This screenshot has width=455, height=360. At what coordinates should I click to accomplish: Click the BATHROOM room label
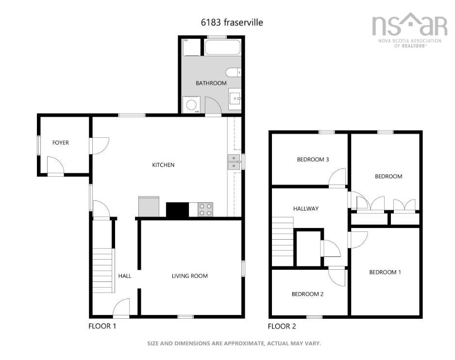[x=211, y=83]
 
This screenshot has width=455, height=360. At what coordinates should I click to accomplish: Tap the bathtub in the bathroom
[x=222, y=47]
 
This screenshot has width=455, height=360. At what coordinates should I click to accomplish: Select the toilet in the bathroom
[x=233, y=72]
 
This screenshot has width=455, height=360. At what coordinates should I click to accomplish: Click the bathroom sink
[x=235, y=98]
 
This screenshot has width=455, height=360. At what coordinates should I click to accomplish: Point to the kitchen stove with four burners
[x=205, y=210]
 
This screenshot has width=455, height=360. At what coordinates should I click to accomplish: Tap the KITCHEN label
[x=163, y=165]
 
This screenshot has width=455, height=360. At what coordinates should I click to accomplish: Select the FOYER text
[x=61, y=143]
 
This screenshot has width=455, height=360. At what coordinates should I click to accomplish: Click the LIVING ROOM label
[x=190, y=276]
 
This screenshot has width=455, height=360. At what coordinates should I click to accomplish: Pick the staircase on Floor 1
[x=103, y=270]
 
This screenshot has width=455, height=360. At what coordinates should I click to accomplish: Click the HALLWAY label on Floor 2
[x=306, y=209]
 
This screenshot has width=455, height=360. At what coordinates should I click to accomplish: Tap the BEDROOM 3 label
[x=313, y=160]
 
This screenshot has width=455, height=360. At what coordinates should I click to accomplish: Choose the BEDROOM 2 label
[x=307, y=294]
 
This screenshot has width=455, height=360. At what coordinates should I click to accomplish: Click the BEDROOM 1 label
[x=385, y=272]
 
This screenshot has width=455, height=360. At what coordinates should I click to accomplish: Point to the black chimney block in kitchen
[x=177, y=210]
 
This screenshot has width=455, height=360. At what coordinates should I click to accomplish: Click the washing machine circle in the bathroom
[x=191, y=105]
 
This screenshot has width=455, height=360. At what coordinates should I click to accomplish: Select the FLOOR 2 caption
[x=282, y=327]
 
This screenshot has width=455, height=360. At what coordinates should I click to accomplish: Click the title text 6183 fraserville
[x=232, y=22]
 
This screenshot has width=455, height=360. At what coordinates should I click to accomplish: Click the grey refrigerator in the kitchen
[x=149, y=207]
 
